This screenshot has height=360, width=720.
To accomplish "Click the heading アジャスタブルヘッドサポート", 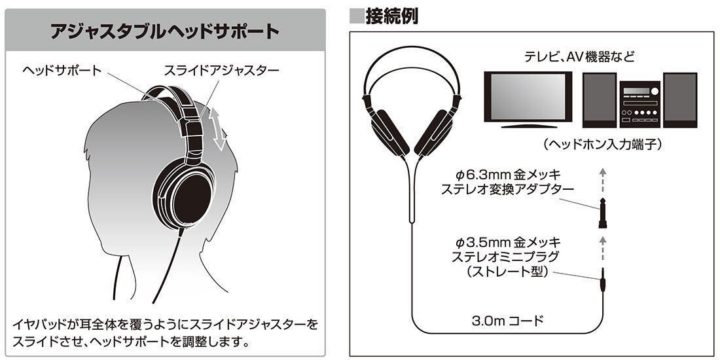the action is pyautogui.click(x=165, y=31).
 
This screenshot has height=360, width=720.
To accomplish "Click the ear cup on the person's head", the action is pyautogui.click(x=185, y=193).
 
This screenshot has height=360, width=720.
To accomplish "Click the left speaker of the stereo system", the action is pyautogui.click(x=599, y=99).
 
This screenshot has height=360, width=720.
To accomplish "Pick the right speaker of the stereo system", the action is pyautogui.click(x=680, y=99).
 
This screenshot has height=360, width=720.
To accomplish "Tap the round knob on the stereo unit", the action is pyautogui.click(x=655, y=91).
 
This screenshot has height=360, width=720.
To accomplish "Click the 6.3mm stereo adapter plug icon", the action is pyautogui.click(x=602, y=212).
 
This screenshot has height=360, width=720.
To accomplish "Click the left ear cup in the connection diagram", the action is pyautogui.click(x=389, y=131).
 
